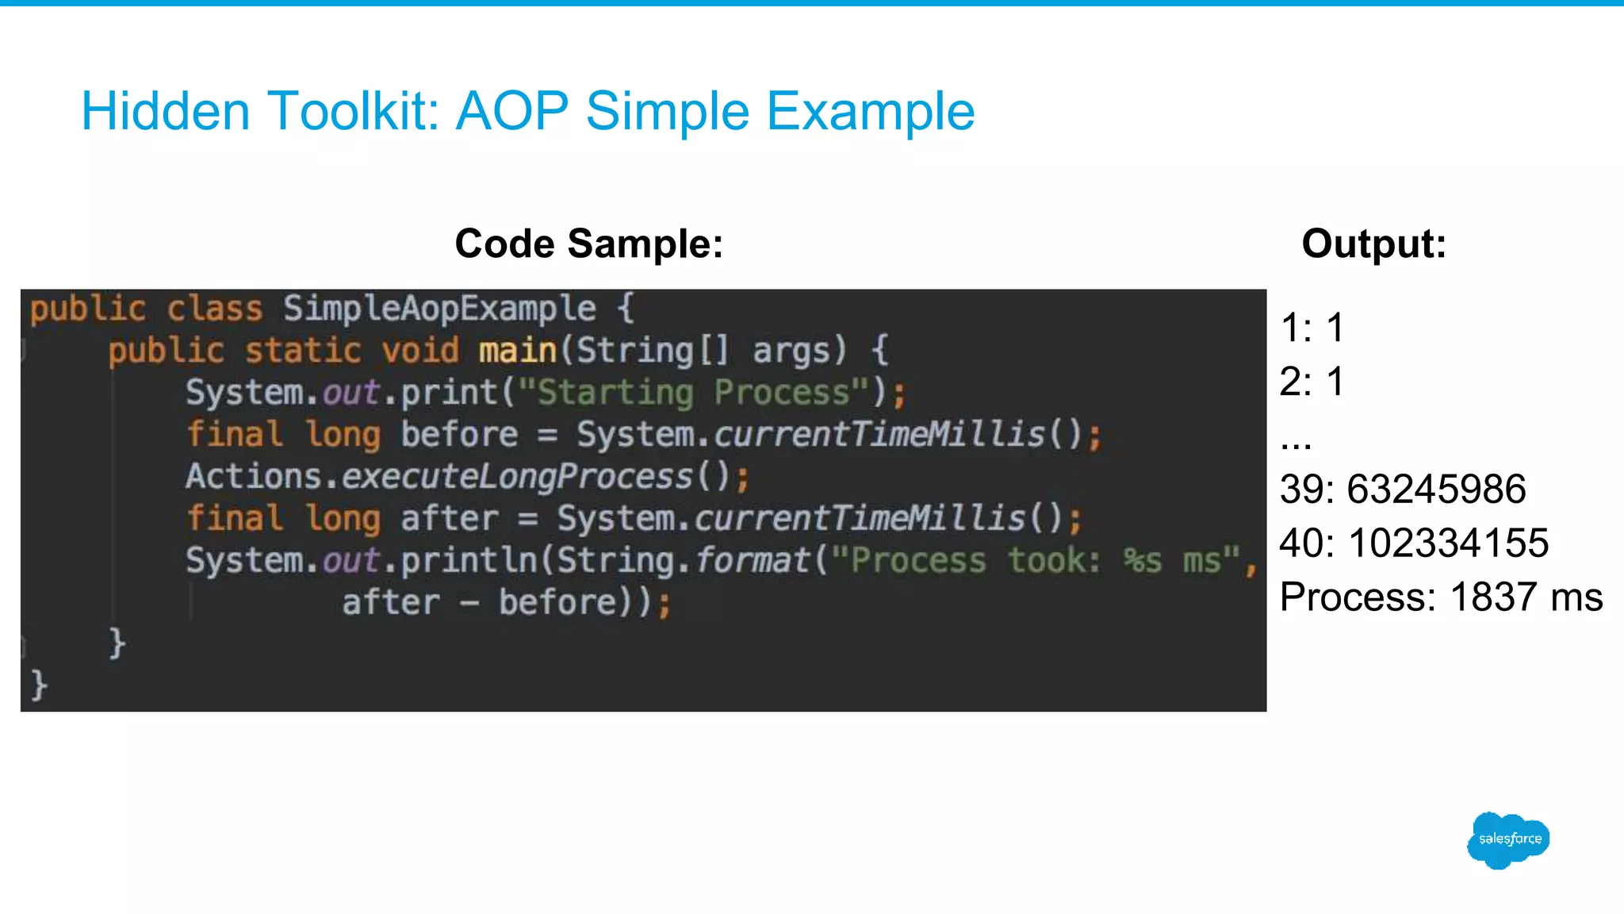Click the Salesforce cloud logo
1508,839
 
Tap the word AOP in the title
512,111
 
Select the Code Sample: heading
588,244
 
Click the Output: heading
1373,244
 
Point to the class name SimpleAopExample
439,309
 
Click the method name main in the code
518,351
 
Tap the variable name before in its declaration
459,435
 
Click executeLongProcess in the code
518,477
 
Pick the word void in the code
420,351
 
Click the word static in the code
303,351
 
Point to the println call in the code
469,561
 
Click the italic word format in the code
753,561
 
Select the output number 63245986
1436,489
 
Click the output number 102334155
1448,543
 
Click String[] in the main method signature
652,351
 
